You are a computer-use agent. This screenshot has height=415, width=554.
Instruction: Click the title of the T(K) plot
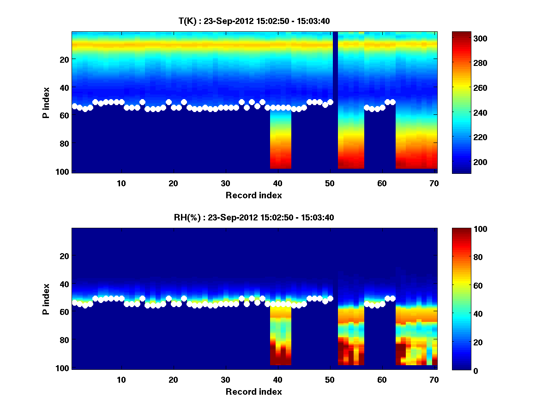tap(254, 21)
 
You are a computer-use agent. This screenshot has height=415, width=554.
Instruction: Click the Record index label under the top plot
tap(254, 196)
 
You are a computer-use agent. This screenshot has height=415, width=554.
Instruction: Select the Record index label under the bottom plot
tap(254, 392)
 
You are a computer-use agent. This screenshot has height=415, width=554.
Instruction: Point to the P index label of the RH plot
tap(46, 299)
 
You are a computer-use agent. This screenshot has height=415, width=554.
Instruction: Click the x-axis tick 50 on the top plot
tap(330, 183)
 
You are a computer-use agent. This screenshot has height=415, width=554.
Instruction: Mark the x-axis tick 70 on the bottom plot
tap(434, 379)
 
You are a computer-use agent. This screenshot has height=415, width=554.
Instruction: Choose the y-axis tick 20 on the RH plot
tap(65, 256)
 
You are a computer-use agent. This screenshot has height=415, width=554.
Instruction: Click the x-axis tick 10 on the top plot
tap(121, 183)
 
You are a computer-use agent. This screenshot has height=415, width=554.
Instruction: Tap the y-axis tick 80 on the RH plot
tap(65, 340)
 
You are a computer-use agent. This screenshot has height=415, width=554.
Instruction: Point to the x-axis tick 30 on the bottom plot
tap(226, 379)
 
